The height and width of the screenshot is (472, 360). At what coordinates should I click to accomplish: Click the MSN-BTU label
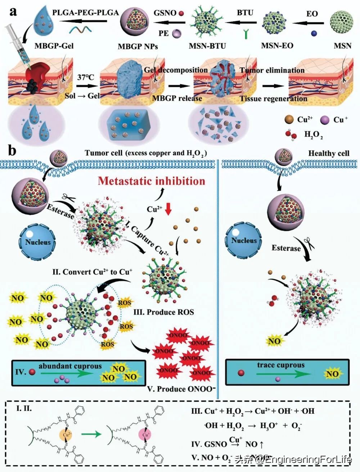point(207,46)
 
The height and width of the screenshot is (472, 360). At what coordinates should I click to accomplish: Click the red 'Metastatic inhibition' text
point(152,181)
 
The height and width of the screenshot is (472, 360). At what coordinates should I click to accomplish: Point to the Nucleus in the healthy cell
point(244,240)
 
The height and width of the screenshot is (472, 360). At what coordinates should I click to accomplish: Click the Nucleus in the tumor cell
point(38,242)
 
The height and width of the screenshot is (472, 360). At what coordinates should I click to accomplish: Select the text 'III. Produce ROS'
point(164,312)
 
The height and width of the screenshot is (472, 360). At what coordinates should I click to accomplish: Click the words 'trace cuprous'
point(281,365)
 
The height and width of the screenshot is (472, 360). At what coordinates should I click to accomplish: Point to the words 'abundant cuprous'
point(70,366)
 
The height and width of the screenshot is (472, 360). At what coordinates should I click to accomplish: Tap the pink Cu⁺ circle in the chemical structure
point(146,434)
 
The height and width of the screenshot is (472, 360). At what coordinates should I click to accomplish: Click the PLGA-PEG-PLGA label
point(85,13)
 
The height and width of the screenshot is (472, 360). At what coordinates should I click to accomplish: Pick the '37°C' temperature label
point(85,77)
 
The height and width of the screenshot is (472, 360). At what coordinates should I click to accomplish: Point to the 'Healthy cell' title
point(329,153)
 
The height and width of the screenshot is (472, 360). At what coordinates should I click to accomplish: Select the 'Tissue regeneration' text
point(274,99)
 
